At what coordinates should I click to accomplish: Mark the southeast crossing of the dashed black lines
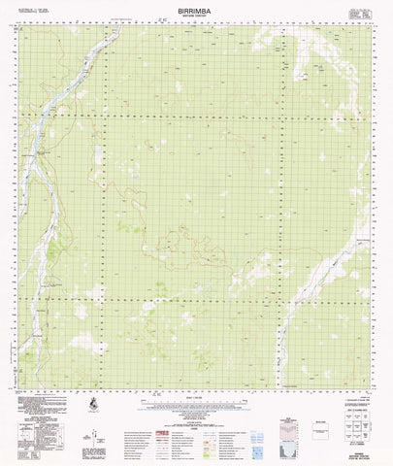(280, 298)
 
